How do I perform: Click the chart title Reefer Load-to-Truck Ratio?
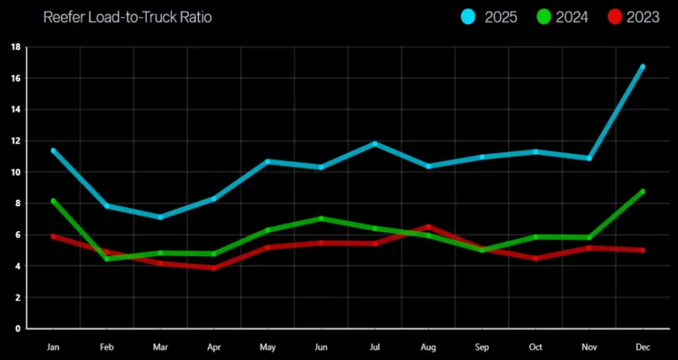(127, 17)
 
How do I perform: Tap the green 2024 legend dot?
(543, 17)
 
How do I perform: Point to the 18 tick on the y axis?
(15, 47)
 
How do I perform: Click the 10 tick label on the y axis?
(15, 172)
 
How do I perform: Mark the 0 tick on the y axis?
(17, 328)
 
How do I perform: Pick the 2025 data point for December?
(643, 66)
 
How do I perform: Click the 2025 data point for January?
(53, 150)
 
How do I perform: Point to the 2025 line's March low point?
(161, 217)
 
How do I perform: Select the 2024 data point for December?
(643, 192)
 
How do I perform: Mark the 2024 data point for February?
(107, 259)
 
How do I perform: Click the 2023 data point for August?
(428, 226)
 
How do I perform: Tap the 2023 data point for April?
(214, 268)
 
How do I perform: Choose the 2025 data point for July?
(375, 143)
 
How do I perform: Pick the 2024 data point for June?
(321, 218)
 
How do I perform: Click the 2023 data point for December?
(643, 250)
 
